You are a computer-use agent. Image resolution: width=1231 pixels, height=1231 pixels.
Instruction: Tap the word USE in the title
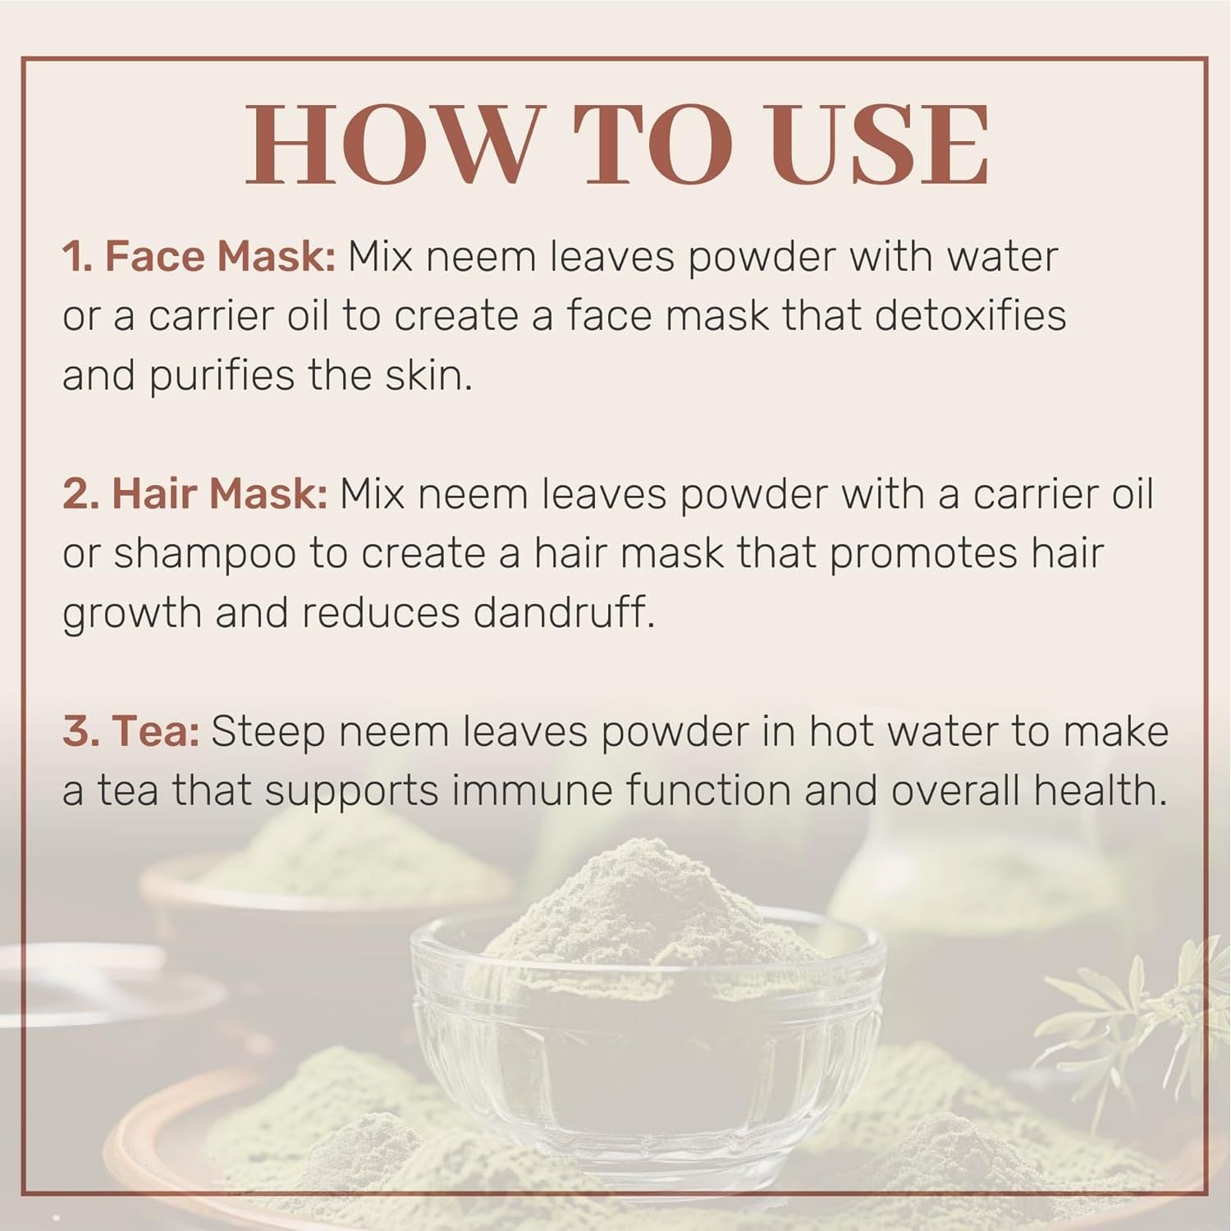coord(877,146)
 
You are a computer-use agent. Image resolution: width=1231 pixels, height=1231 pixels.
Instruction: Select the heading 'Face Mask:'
coord(219,257)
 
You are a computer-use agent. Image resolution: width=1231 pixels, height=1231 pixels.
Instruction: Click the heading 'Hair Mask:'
coord(219,494)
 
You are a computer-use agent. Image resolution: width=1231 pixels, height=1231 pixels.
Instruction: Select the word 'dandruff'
coord(560,613)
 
